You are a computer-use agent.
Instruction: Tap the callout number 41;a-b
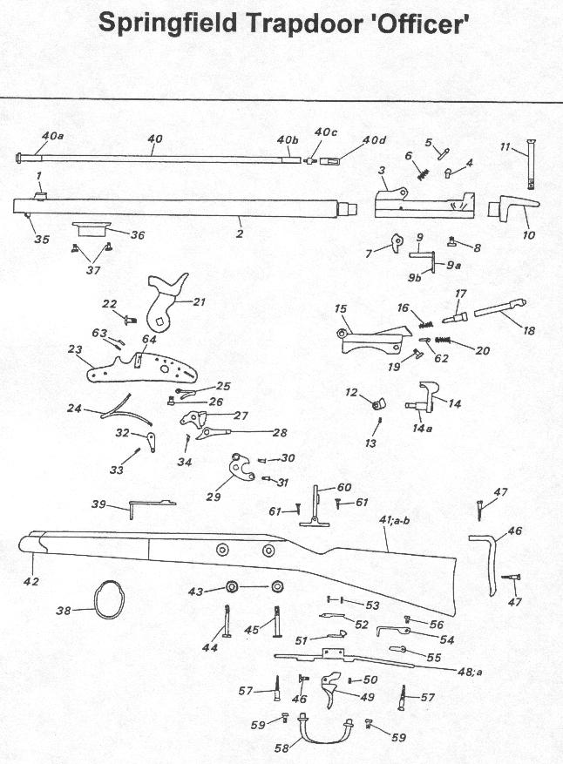(394, 521)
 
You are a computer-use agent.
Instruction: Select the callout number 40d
(374, 141)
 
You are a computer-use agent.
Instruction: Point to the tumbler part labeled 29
(241, 468)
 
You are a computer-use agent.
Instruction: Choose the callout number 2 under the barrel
(240, 234)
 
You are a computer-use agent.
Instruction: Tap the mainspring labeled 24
(125, 412)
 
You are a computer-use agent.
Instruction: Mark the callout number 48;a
(470, 672)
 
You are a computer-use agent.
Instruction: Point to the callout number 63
(99, 334)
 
